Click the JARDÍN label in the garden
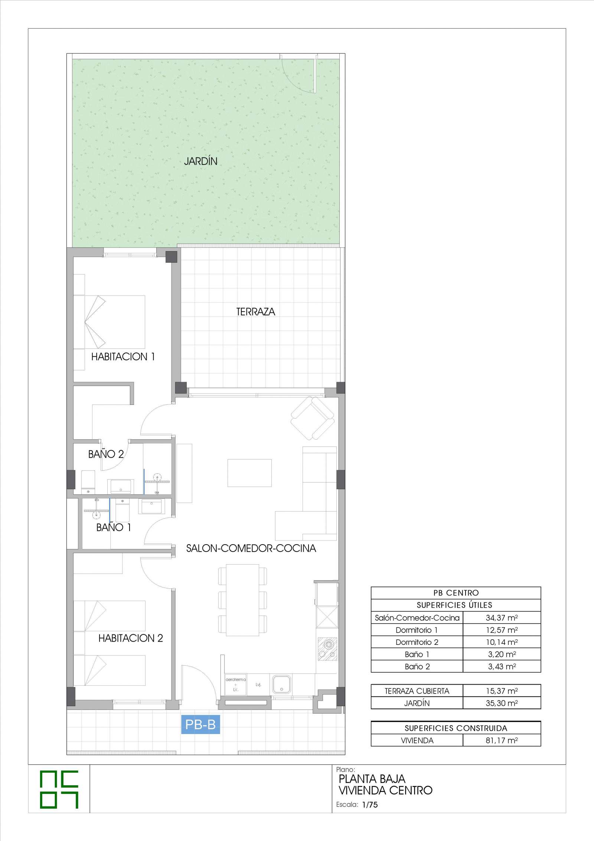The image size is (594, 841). click(x=200, y=161)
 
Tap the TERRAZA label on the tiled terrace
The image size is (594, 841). click(x=256, y=312)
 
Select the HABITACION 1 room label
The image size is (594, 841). click(x=123, y=357)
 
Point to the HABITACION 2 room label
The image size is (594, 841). click(x=131, y=638)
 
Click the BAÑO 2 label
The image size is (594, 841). click(x=106, y=454)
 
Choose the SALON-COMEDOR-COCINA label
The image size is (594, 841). click(x=251, y=548)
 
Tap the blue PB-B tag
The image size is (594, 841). click(x=200, y=724)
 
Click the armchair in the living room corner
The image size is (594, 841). click(x=313, y=418)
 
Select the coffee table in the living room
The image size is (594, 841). click(x=249, y=473)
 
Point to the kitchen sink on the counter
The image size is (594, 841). click(x=281, y=684)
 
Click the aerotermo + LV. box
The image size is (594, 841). click(x=235, y=684)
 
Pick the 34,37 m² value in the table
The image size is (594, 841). click(x=502, y=618)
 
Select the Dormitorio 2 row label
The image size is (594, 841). click(x=417, y=642)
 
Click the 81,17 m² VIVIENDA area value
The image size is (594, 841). click(x=502, y=741)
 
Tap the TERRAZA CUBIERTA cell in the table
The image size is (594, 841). click(x=417, y=691)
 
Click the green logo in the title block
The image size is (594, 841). click(x=59, y=791)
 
